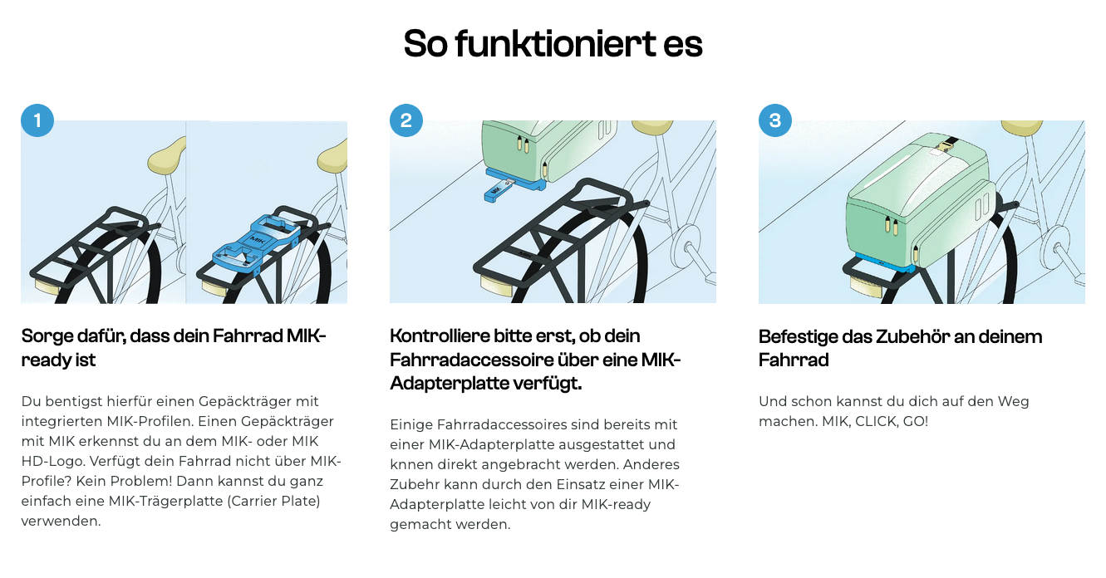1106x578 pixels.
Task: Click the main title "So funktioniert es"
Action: [553, 43]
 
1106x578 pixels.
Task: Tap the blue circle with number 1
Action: [37, 120]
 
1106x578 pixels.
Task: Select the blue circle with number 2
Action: [406, 120]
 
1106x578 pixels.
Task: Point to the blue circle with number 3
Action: [775, 120]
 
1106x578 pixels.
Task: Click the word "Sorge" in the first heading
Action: [48, 336]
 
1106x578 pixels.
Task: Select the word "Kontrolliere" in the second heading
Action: [439, 336]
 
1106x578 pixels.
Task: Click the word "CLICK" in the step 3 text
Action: [877, 422]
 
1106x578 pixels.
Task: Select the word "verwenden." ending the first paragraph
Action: [61, 522]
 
